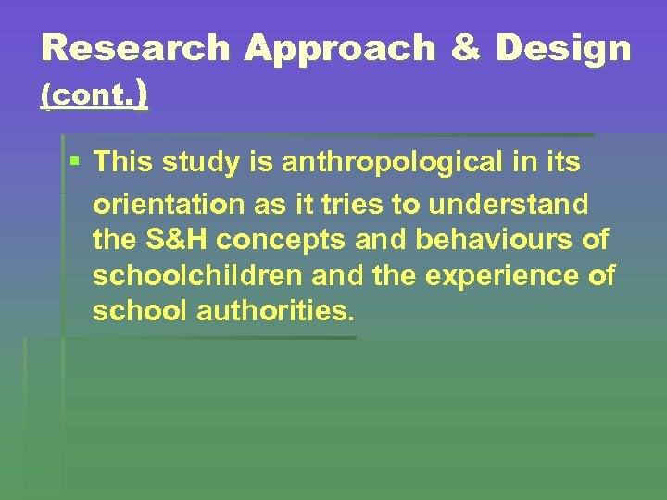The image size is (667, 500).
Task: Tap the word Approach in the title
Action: point(340,48)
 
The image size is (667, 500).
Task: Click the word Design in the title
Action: point(563,48)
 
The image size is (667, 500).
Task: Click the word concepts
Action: point(284,239)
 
